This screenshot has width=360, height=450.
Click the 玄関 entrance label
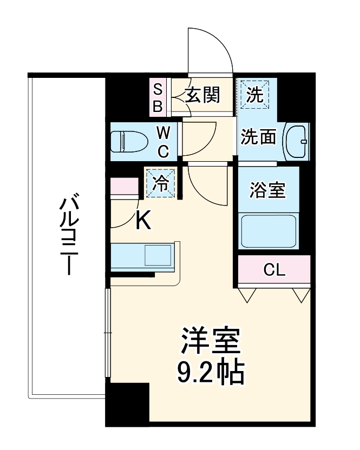pos(203,96)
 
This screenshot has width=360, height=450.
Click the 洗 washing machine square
pos(254,95)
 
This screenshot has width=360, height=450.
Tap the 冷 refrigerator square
pos(160,182)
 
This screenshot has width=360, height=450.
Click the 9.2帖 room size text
pos(211,372)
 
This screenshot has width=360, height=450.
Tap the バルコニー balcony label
pos(67,236)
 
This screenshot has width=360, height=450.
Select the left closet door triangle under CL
pos(247,295)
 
